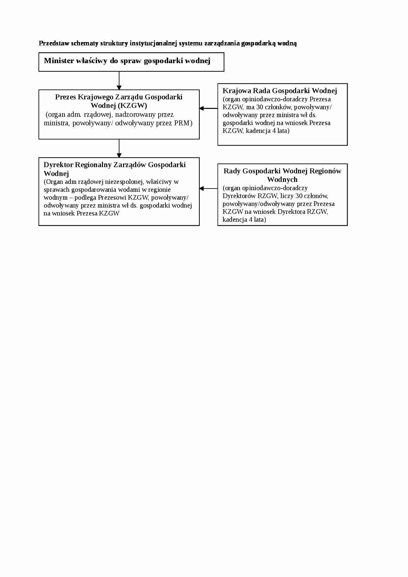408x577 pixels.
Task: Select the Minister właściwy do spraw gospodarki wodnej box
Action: pyautogui.click(x=131, y=62)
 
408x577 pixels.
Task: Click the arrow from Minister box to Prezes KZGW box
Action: pyautogui.click(x=119, y=81)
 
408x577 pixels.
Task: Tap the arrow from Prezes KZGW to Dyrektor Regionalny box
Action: pyautogui.click(x=119, y=148)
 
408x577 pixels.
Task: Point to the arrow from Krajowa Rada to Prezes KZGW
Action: pyautogui.click(x=209, y=108)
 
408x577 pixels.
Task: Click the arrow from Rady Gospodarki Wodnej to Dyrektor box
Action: pyautogui.click(x=209, y=188)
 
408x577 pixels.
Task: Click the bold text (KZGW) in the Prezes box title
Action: pyautogui.click(x=133, y=106)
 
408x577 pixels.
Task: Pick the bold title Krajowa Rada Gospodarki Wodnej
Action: pyautogui.click(x=280, y=91)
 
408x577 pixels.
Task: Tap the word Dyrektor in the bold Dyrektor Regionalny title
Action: pyautogui.click(x=58, y=165)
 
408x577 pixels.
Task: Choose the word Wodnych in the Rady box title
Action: pyautogui.click(x=282, y=180)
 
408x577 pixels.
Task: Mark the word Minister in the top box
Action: pyautogui.click(x=59, y=61)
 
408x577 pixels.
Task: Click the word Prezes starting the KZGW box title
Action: pyautogui.click(x=65, y=97)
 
